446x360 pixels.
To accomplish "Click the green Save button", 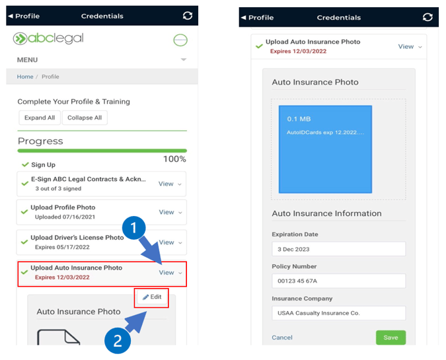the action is pyautogui.click(x=390, y=338).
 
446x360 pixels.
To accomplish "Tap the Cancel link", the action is pyautogui.click(x=282, y=338).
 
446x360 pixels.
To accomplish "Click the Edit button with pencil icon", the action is pyautogui.click(x=152, y=297).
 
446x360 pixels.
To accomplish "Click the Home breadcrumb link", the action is pyautogui.click(x=25, y=77).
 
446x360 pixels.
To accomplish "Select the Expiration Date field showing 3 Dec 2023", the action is pyautogui.click(x=338, y=249).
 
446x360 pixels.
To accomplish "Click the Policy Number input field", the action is pyautogui.click(x=338, y=281).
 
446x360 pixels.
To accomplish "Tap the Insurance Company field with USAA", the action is pyautogui.click(x=338, y=313).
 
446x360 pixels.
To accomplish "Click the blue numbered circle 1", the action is pyautogui.click(x=133, y=228).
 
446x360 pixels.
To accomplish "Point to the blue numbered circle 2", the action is pyautogui.click(x=118, y=341).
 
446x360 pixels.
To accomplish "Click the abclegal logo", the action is pyautogui.click(x=48, y=38).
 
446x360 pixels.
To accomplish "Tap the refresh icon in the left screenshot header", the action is pyautogui.click(x=188, y=16).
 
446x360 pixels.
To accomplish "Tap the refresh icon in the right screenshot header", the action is pyautogui.click(x=427, y=17).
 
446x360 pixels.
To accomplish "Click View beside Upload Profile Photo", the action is pyautogui.click(x=167, y=212).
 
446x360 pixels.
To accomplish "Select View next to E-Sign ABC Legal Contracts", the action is pyautogui.click(x=166, y=184).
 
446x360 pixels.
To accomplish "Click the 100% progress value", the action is pyautogui.click(x=174, y=159).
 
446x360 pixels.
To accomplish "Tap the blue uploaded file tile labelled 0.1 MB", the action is pyautogui.click(x=325, y=149).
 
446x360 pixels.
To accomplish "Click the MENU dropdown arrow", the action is pyautogui.click(x=184, y=59).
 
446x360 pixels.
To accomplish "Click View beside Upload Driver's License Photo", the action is pyautogui.click(x=167, y=242).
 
